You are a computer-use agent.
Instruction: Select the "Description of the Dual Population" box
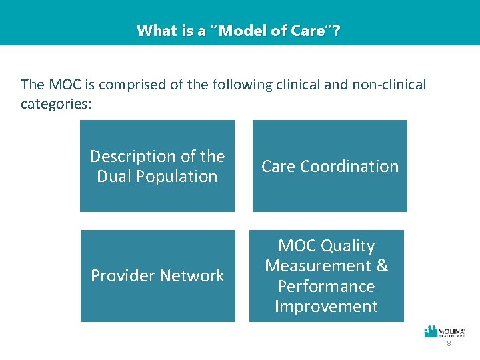tap(157, 166)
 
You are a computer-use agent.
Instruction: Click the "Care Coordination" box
tap(330, 166)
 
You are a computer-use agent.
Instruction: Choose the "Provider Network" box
tap(157, 276)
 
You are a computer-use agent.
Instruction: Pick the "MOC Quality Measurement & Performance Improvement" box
tap(327, 276)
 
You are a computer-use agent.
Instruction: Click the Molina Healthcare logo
tap(445, 332)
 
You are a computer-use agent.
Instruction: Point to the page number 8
tap(449, 344)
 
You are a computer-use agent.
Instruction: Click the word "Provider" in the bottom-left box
tap(121, 276)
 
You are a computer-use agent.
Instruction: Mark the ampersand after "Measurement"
tap(382, 266)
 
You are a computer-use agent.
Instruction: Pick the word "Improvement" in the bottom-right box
tap(327, 307)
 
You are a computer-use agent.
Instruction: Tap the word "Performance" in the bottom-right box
tap(327, 287)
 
